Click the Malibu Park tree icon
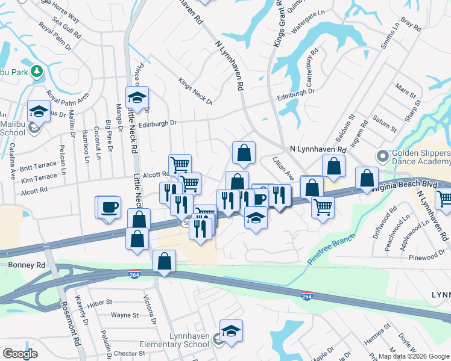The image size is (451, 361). tap(37, 72)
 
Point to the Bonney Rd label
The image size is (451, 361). tap(27, 265)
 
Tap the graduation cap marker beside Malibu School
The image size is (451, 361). tap(39, 111)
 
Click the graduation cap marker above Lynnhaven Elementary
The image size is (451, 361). tap(230, 331)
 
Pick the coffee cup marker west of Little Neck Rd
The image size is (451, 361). tap(109, 208)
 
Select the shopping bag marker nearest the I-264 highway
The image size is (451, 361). tap(164, 261)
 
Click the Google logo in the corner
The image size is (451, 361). tap(20, 354)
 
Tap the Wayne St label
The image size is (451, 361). tap(125, 315)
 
